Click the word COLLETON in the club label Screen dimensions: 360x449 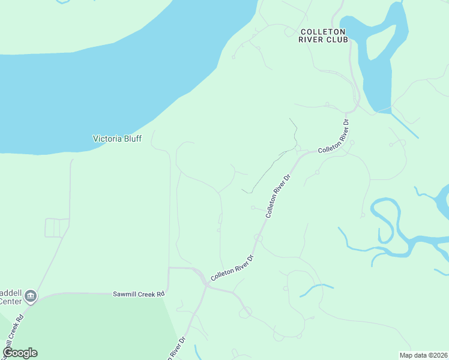click(x=323, y=31)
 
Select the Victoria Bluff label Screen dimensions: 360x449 click(x=117, y=139)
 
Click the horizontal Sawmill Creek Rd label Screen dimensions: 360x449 click(x=139, y=294)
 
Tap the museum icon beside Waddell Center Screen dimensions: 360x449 click(x=31, y=296)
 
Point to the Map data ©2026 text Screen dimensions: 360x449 click(x=423, y=355)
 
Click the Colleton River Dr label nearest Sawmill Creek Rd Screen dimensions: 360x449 click(x=233, y=268)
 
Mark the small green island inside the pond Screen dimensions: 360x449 click(x=375, y=45)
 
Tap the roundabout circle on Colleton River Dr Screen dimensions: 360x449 click(x=258, y=238)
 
